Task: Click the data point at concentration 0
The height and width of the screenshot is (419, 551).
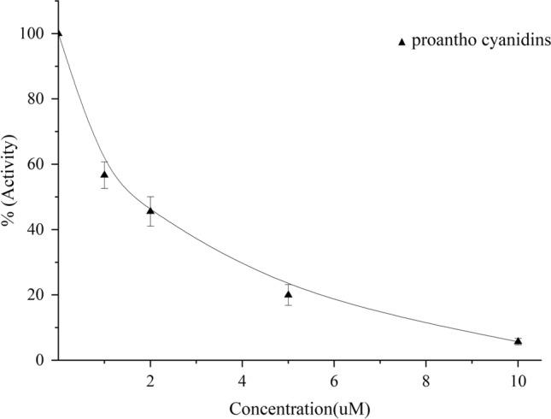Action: [58, 33]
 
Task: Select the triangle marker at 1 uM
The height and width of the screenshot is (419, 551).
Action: [104, 174]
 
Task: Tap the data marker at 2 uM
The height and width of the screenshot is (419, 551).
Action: [150, 210]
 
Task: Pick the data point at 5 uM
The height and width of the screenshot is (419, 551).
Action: [289, 294]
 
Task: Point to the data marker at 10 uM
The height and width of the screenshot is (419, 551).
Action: [518, 340]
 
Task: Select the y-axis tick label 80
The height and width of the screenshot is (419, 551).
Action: [38, 98]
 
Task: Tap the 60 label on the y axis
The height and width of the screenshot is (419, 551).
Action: [38, 164]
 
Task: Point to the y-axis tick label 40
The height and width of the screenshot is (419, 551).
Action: [38, 229]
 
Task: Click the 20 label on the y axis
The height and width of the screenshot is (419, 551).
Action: [38, 295]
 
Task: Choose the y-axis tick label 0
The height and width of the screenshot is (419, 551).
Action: [41, 360]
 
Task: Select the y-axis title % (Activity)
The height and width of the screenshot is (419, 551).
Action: [12, 197]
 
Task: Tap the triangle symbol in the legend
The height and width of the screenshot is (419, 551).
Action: [402, 42]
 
